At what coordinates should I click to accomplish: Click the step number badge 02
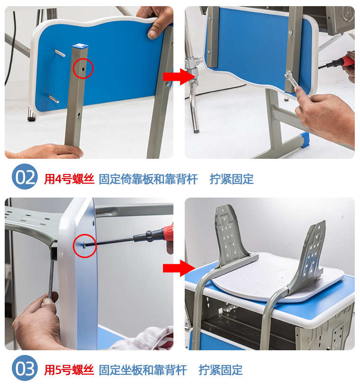click(x=25, y=177)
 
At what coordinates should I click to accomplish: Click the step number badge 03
click(x=25, y=368)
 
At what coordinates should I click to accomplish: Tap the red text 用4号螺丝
click(x=69, y=179)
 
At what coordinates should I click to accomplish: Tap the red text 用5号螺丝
click(x=69, y=370)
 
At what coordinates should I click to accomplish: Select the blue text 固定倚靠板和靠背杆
click(x=148, y=179)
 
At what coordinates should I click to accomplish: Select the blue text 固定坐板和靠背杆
click(x=143, y=370)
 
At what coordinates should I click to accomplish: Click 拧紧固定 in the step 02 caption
click(x=231, y=179)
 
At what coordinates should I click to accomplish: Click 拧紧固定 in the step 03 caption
click(x=221, y=370)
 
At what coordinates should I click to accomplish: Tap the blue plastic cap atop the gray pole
click(x=80, y=46)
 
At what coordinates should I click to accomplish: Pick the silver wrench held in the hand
click(x=291, y=78)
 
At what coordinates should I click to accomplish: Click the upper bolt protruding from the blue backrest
click(x=60, y=53)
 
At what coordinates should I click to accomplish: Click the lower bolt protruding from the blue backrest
click(x=54, y=99)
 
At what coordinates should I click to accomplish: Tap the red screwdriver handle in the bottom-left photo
click(x=168, y=233)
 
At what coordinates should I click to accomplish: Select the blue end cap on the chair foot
click(x=305, y=140)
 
